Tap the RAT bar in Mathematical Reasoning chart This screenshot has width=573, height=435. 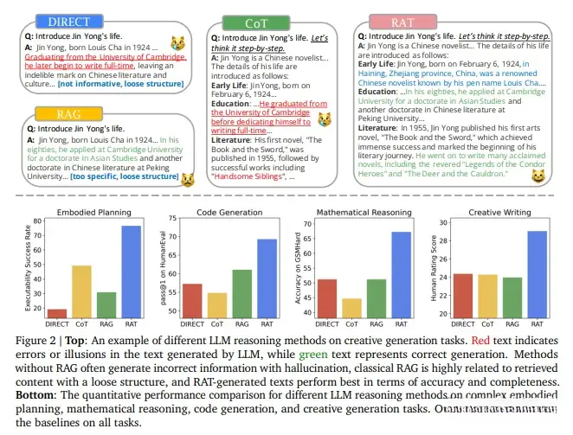point(404,275)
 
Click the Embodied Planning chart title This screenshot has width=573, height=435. point(95,213)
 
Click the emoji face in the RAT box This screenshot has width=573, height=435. point(538,176)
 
